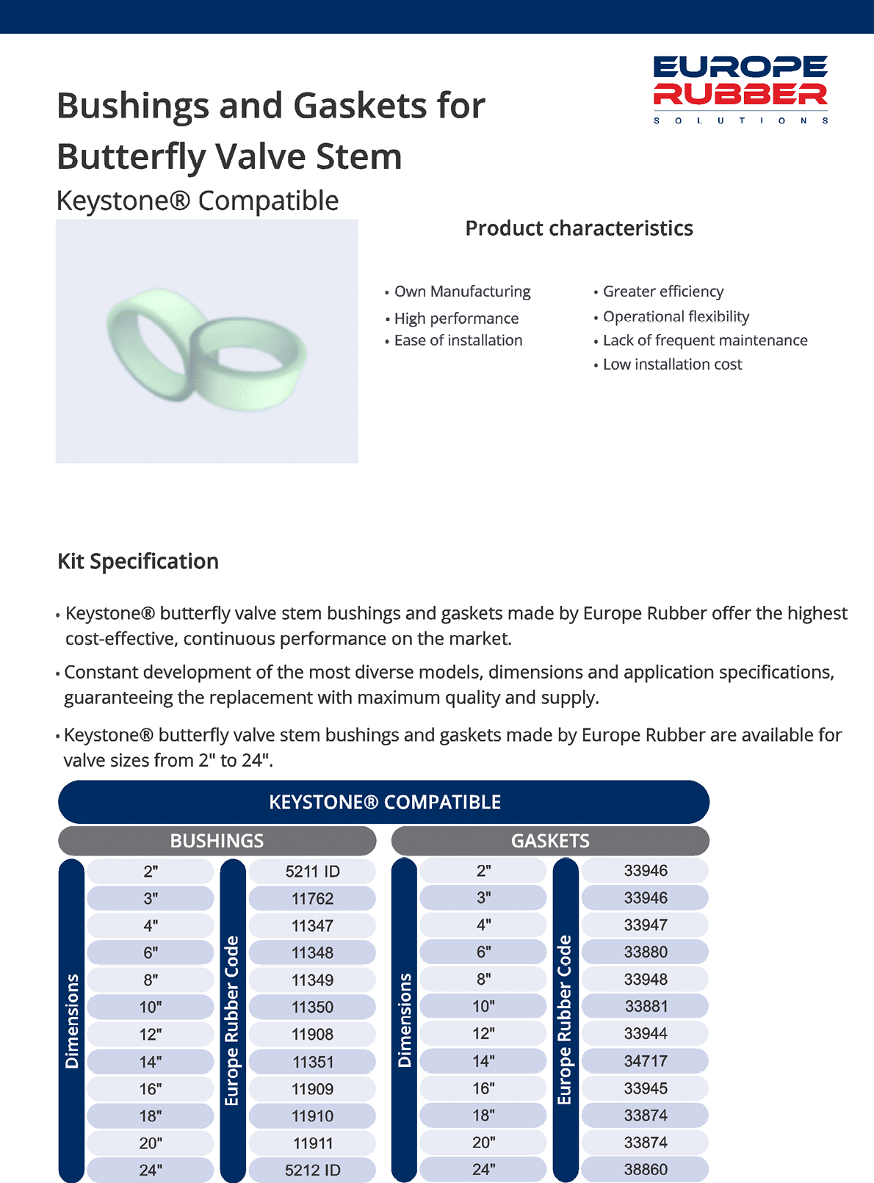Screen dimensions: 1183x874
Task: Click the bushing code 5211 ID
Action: pyautogui.click(x=312, y=872)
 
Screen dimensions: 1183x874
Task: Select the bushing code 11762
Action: pyautogui.click(x=312, y=899)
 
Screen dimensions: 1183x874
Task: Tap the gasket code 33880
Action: pyautogui.click(x=646, y=952)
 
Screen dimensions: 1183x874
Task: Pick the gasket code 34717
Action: pyautogui.click(x=646, y=1061)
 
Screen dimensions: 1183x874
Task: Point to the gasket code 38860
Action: pyautogui.click(x=646, y=1170)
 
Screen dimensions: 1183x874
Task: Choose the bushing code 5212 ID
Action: pyautogui.click(x=312, y=1171)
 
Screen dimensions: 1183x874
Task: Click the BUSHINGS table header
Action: pyautogui.click(x=217, y=841)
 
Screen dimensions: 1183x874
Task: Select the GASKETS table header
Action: pyautogui.click(x=550, y=841)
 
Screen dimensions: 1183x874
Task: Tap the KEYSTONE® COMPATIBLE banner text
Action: pyautogui.click(x=385, y=802)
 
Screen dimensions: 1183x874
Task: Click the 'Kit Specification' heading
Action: pyautogui.click(x=138, y=562)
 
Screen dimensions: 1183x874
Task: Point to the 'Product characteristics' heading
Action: pyautogui.click(x=579, y=228)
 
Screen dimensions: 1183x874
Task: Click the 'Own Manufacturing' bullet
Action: pyautogui.click(x=462, y=292)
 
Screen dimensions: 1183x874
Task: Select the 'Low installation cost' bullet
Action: pyautogui.click(x=672, y=364)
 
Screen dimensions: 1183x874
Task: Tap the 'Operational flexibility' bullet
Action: pyautogui.click(x=676, y=316)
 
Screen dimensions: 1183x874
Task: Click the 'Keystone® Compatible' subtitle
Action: pyautogui.click(x=198, y=200)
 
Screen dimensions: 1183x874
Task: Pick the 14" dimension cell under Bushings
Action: pyautogui.click(x=151, y=1062)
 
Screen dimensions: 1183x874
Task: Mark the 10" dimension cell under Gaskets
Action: pyautogui.click(x=483, y=1007)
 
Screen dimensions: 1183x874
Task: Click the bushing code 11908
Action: pyautogui.click(x=312, y=1035)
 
